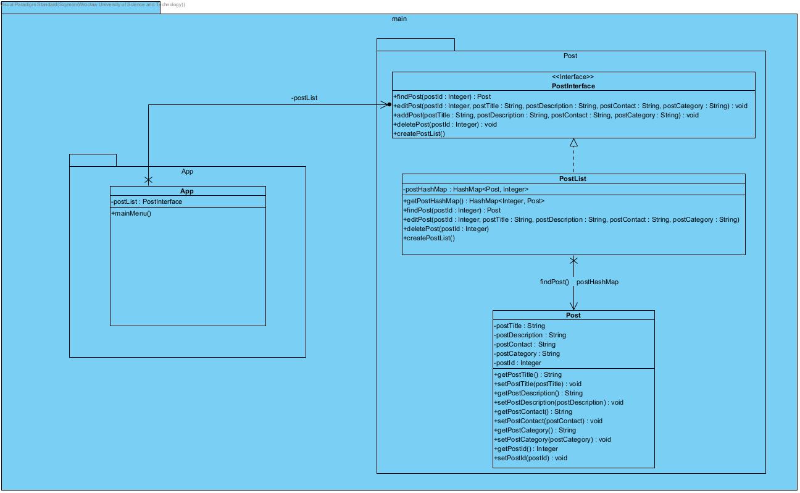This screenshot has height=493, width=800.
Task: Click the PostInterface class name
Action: [573, 86]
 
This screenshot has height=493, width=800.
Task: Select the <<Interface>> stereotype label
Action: [573, 77]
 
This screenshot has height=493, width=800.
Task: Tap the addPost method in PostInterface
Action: [546, 115]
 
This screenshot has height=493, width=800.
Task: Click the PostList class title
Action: [573, 179]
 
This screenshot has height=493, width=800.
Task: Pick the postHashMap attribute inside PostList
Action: [466, 189]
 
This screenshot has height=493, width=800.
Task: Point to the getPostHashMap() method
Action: [473, 201]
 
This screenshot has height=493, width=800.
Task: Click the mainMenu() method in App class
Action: [131, 214]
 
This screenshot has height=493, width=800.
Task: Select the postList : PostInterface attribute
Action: [147, 201]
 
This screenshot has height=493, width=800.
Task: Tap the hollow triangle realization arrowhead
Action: [573, 143]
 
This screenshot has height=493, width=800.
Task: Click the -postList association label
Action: [304, 98]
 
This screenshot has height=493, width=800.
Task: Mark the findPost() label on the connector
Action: [554, 282]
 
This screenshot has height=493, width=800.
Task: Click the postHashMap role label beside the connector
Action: [597, 282]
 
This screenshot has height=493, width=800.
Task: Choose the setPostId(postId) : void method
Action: [530, 458]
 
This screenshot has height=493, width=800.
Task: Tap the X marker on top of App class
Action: [148, 180]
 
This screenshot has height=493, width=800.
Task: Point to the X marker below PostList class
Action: [573, 261]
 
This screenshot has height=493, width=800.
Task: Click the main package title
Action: [399, 19]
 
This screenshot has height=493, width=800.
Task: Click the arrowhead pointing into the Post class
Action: [573, 306]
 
